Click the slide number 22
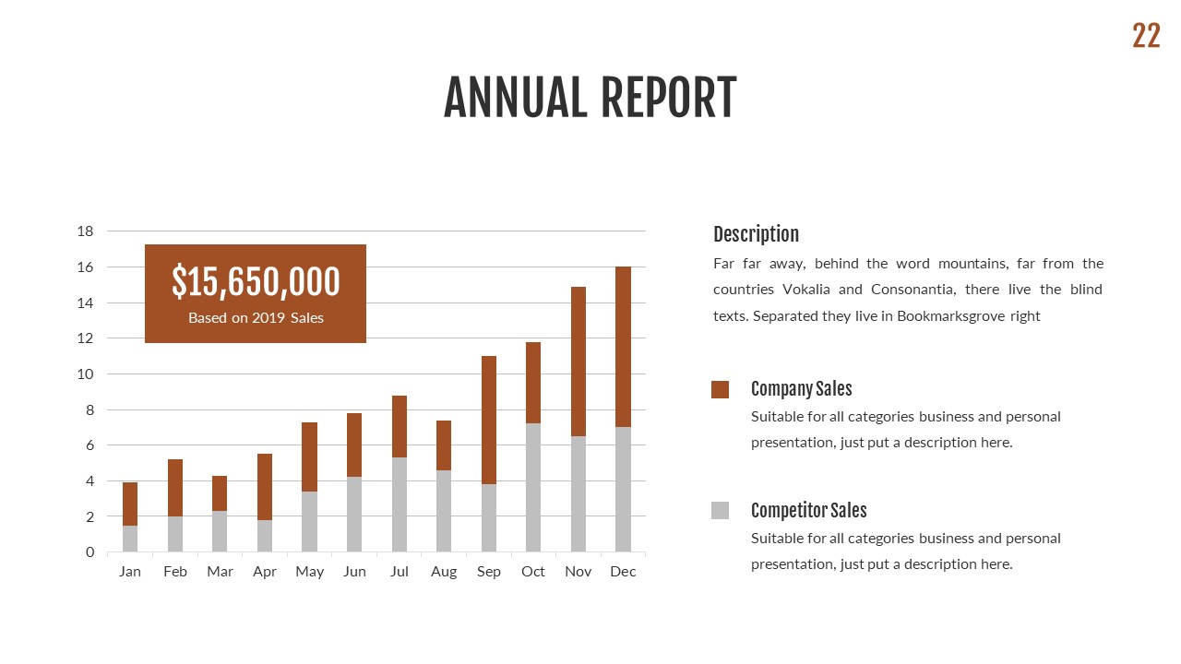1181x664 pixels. [1146, 36]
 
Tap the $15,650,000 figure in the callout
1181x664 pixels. [256, 281]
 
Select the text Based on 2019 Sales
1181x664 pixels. [256, 318]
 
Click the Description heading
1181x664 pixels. [756, 234]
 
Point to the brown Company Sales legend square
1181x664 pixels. [720, 389]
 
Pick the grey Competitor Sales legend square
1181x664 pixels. [720, 511]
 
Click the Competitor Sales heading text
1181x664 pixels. [808, 511]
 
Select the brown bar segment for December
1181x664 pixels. [623, 347]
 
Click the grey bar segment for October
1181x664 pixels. [533, 487]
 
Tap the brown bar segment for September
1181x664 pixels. [489, 420]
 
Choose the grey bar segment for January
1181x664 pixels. [130, 539]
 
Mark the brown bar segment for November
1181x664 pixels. [579, 362]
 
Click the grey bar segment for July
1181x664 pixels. [400, 504]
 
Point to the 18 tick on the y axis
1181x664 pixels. [85, 231]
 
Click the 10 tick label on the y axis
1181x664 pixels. [85, 374]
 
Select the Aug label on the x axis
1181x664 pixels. [444, 572]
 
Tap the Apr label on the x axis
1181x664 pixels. [265, 572]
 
